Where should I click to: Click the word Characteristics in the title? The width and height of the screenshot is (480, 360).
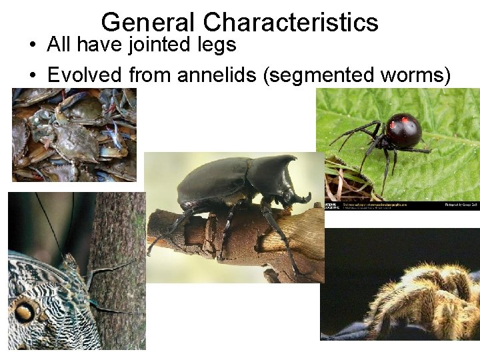291,23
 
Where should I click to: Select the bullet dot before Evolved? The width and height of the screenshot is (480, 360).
32,76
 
